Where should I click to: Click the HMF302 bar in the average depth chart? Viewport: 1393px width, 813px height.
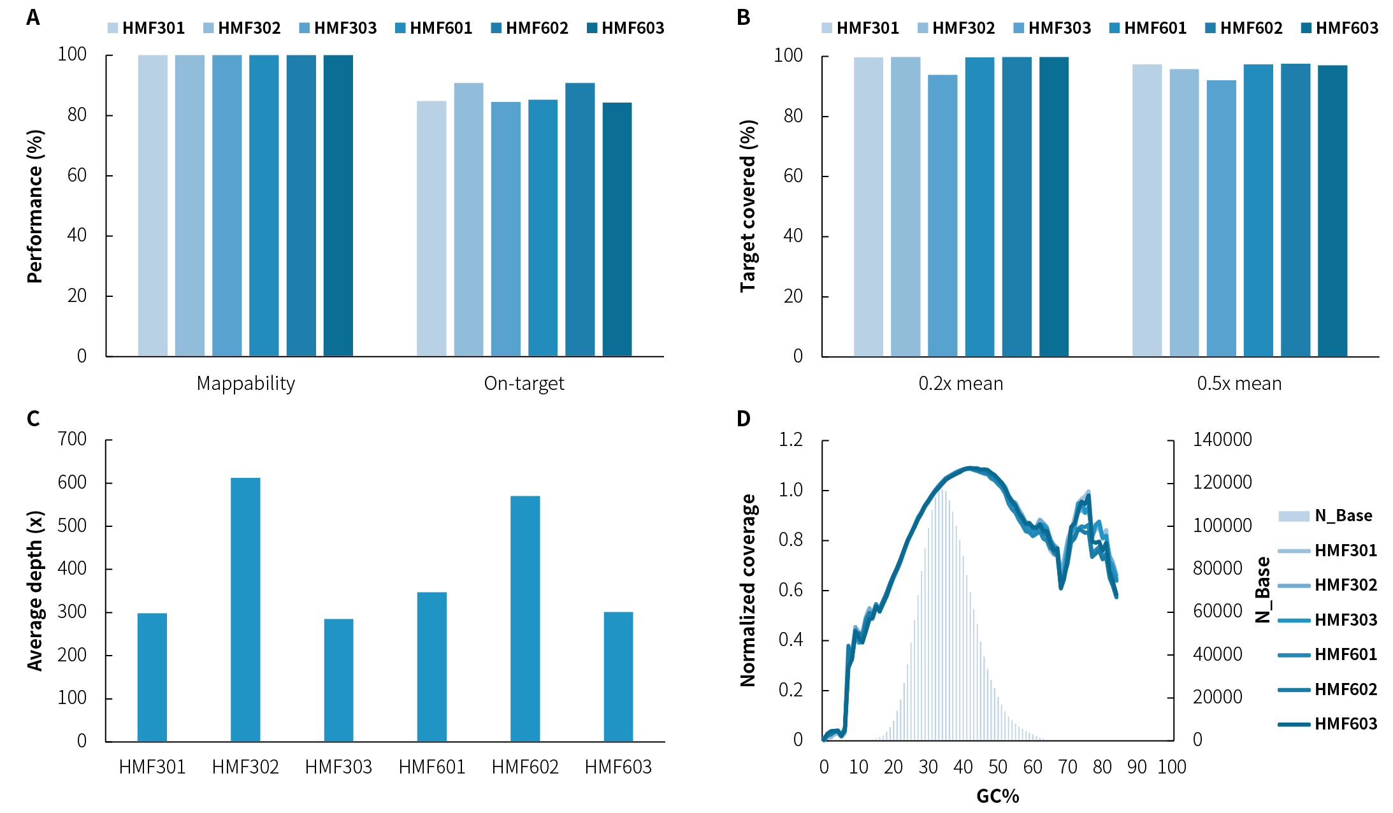coord(245,609)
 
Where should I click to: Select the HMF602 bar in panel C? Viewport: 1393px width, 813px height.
coord(525,618)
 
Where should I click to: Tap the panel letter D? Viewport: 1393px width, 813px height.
coord(744,419)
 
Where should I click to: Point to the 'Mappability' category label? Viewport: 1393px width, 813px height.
coord(245,384)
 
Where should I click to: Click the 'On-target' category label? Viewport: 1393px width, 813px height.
coord(524,384)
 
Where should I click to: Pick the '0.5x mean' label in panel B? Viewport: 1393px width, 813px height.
coord(1239,384)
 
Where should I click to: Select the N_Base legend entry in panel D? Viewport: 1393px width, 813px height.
coord(1325,515)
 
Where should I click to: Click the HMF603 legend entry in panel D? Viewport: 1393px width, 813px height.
coord(1328,724)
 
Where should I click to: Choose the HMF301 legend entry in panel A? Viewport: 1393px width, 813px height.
coord(146,28)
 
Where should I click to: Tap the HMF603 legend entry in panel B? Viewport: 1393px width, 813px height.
coord(1339,28)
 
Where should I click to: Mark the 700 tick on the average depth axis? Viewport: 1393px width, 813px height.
coord(72,439)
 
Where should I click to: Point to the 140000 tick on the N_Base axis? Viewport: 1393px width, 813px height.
coord(1222,439)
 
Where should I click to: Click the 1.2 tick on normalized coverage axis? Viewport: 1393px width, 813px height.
coord(790,439)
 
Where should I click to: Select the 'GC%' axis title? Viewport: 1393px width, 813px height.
coord(997,796)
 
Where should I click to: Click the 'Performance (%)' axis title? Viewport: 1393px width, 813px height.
coord(35,206)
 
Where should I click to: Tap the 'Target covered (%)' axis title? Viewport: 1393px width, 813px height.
coord(747,206)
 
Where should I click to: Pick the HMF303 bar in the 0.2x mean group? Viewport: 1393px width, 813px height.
coord(942,215)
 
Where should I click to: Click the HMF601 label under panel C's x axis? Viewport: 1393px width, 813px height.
coord(432,766)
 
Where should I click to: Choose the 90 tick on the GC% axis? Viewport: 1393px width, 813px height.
coord(1137,766)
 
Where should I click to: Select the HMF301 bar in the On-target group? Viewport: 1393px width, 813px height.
coord(431,228)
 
